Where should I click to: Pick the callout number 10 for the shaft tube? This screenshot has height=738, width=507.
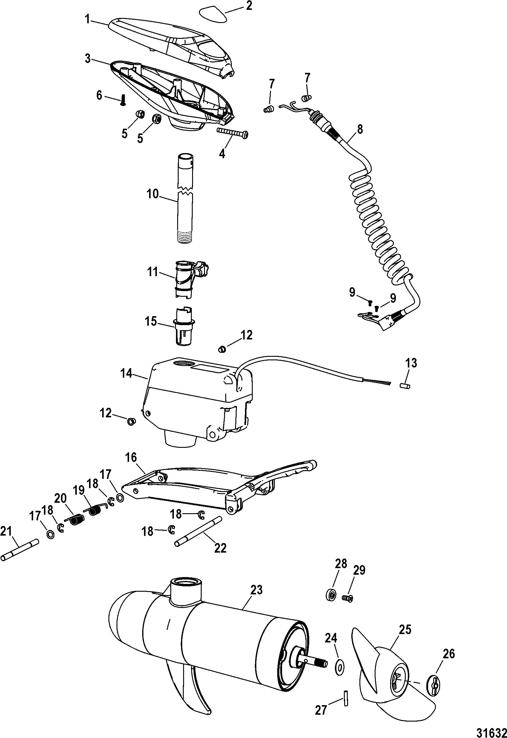(153, 194)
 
